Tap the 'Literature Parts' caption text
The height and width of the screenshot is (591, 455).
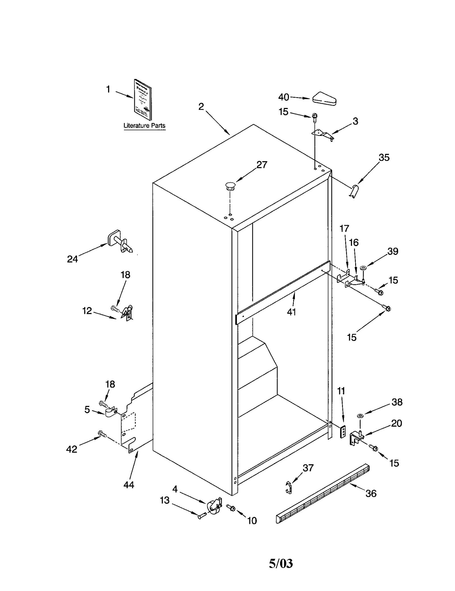coord(144,126)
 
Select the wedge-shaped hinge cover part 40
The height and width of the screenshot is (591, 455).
coord(324,99)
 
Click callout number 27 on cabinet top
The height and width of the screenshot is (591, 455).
coord(262,165)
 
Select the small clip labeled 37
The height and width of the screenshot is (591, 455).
coord(288,488)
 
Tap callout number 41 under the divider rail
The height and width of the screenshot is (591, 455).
coord(291,312)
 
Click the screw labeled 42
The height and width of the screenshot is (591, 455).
coord(102,434)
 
